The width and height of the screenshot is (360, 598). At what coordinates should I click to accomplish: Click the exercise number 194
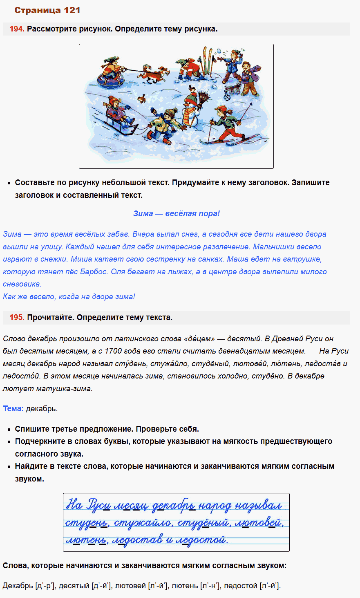[x=17, y=29]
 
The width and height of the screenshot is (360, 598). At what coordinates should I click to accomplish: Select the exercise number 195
[x=17, y=318]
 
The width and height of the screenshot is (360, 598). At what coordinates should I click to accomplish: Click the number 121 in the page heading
[x=72, y=10]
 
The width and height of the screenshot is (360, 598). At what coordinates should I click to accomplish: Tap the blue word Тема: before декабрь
[x=13, y=408]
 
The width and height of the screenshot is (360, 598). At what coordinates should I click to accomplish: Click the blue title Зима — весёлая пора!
[x=176, y=213]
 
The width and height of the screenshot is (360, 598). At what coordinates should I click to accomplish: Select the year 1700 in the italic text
[x=113, y=351]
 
